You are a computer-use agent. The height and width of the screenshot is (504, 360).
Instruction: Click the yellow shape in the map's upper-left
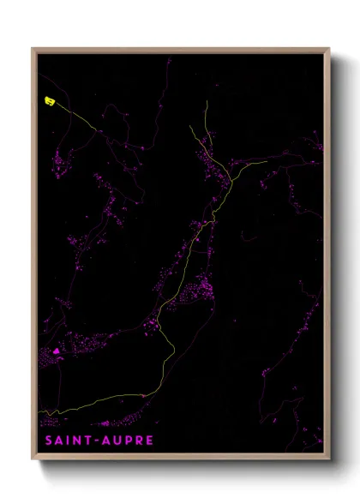click(x=49, y=101)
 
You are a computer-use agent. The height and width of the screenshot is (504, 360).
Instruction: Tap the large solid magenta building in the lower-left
click(x=57, y=351)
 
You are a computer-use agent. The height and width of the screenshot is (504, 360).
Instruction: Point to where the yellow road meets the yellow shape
click(x=55, y=104)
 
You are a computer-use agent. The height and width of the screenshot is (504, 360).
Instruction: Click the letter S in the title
click(x=47, y=441)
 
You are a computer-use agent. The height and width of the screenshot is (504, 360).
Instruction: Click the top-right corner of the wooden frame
click(x=329, y=49)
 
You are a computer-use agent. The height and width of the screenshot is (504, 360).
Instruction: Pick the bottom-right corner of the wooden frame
click(x=329, y=459)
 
